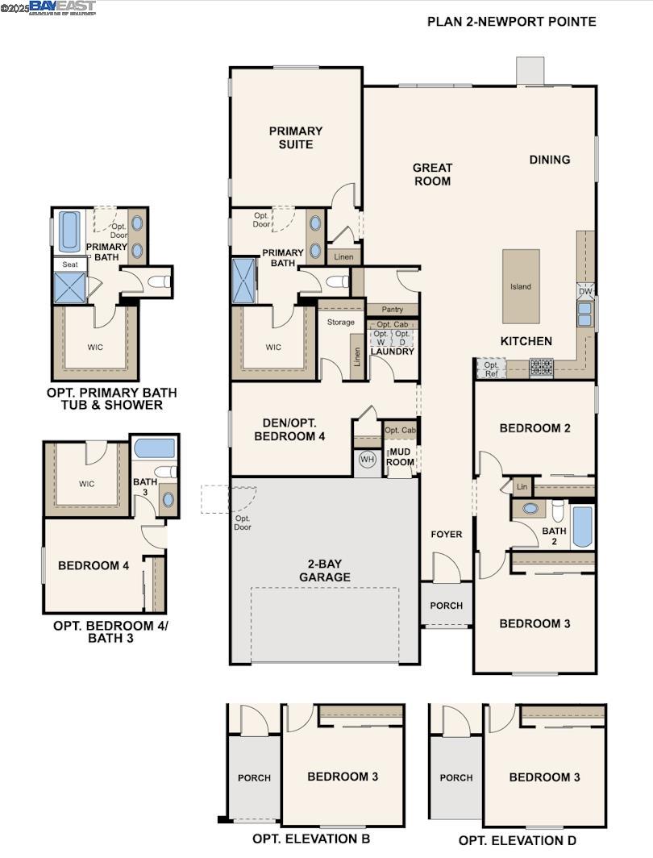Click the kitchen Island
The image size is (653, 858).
coord(521,286)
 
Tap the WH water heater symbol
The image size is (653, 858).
coord(368,460)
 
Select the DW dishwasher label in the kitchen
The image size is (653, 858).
coord(584,291)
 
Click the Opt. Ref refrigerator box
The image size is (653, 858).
coord(490,369)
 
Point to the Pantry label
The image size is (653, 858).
coord(392,310)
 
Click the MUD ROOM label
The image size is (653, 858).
coord(401,456)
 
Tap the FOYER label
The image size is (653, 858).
coord(446,534)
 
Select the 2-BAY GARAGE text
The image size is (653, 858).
coord(325,570)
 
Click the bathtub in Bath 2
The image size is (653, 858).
coord(582,527)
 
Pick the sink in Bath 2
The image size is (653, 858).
coord(530,510)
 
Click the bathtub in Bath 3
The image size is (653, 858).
coord(154,448)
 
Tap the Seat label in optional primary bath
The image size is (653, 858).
coord(69,264)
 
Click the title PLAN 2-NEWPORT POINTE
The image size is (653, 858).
coord(512,22)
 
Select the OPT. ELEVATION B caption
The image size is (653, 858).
coord(305,839)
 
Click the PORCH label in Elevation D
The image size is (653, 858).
coord(456,777)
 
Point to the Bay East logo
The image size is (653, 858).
coord(63,7)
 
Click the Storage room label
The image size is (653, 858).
coord(340,322)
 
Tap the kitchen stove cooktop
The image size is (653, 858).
coord(541,368)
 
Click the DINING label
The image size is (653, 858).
coord(550,160)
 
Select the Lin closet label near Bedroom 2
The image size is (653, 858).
coord(522,487)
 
